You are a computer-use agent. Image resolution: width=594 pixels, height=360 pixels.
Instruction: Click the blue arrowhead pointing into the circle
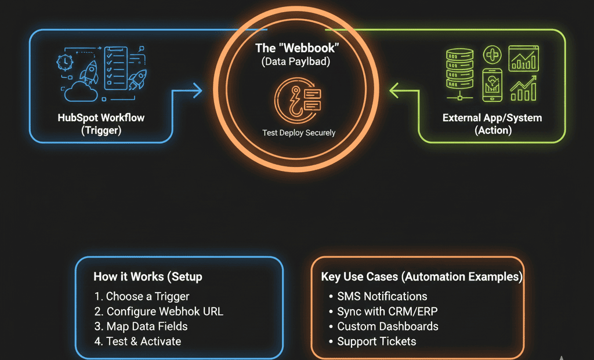tap(195, 90)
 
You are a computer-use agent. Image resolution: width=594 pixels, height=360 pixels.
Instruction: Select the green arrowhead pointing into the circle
tap(396, 90)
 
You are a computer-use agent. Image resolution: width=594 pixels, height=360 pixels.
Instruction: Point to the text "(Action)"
tap(492, 130)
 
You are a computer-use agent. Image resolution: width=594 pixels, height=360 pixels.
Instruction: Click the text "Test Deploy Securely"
tap(299, 133)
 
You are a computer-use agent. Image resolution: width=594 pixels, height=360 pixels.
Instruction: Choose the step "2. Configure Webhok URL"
tap(158, 311)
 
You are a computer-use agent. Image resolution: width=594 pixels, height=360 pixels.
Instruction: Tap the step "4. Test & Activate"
tap(137, 341)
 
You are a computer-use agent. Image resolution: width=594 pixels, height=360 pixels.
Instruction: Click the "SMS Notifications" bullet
tap(382, 296)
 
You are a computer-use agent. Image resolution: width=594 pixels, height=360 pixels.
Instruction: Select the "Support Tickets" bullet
tap(376, 341)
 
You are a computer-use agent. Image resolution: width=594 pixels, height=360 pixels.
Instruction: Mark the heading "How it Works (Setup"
tap(147, 277)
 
